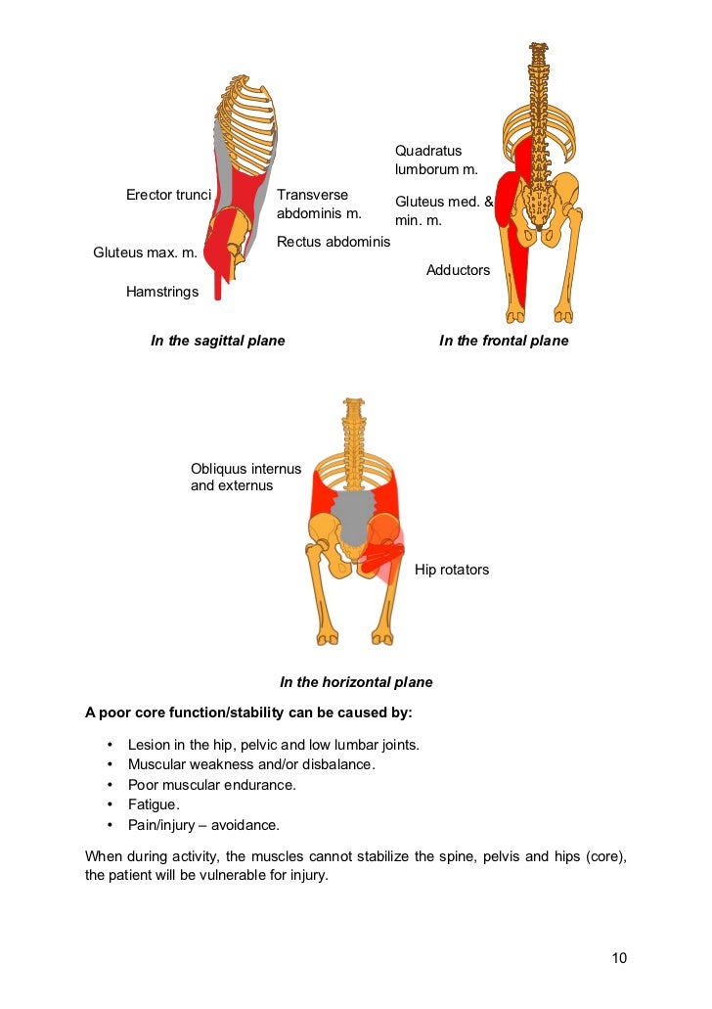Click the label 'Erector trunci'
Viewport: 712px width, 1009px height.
pyautogui.click(x=168, y=195)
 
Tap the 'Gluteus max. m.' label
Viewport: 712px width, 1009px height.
pyautogui.click(x=145, y=252)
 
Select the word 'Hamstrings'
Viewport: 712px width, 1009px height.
pyautogui.click(x=162, y=292)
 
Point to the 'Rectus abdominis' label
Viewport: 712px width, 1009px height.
pyautogui.click(x=334, y=242)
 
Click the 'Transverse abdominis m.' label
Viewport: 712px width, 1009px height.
pyautogui.click(x=319, y=204)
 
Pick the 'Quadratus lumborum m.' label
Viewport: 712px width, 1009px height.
pyautogui.click(x=436, y=161)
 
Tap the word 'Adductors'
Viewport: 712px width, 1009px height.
pyautogui.click(x=458, y=270)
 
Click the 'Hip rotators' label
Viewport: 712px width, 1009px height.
pyautogui.click(x=452, y=570)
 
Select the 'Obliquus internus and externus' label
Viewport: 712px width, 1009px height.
pyautogui.click(x=245, y=477)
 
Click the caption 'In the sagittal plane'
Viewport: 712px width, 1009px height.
pyautogui.click(x=217, y=342)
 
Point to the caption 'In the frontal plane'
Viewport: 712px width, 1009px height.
pyautogui.click(x=504, y=342)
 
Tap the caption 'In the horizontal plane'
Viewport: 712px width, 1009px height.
pyautogui.click(x=356, y=683)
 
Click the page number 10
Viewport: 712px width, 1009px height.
pyautogui.click(x=618, y=958)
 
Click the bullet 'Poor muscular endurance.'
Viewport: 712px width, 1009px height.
pyautogui.click(x=211, y=785)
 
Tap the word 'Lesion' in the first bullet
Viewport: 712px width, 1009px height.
pyautogui.click(x=148, y=745)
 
